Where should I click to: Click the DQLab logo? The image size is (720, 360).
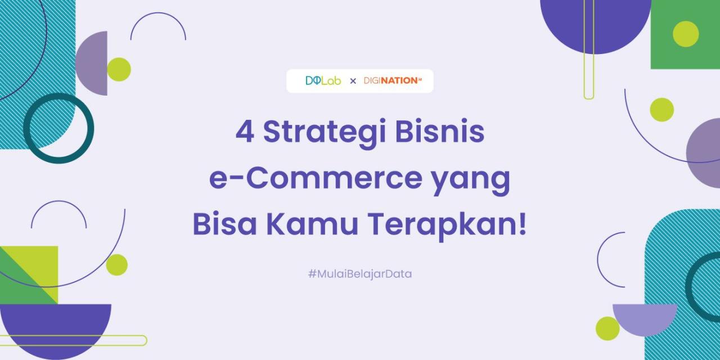pos(323,80)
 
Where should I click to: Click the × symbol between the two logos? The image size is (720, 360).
pos(353,81)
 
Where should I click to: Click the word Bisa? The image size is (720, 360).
pos(224,224)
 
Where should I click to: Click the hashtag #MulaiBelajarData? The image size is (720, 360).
pos(360,274)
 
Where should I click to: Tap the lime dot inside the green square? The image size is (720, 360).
pos(686,34)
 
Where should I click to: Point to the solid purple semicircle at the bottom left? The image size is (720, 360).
pos(55,326)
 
